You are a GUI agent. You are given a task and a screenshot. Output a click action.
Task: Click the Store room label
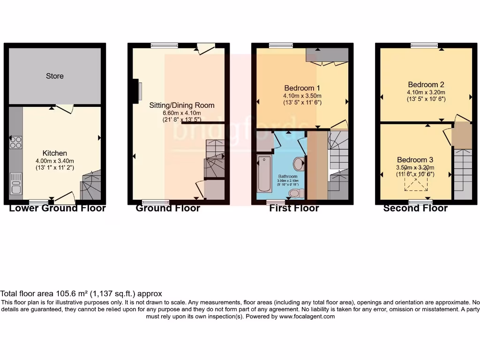55,76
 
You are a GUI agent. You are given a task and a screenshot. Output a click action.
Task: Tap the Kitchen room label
55,153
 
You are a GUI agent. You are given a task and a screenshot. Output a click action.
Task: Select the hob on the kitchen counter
15,142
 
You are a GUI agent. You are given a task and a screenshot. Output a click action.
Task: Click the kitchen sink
15,184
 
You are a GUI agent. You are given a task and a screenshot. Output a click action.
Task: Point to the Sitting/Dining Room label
181,105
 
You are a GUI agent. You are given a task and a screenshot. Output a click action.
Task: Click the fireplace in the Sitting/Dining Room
139,90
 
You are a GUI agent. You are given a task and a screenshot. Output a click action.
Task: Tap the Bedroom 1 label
302,88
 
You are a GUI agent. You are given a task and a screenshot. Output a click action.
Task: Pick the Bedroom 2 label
426,85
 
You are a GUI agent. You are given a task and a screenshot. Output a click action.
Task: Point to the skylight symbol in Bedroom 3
415,185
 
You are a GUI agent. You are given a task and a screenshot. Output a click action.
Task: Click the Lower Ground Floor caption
57,209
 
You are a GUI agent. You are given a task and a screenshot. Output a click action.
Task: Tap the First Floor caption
294,209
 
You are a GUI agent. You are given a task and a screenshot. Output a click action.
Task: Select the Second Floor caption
415,209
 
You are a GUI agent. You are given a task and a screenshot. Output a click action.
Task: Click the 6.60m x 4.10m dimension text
181,113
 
